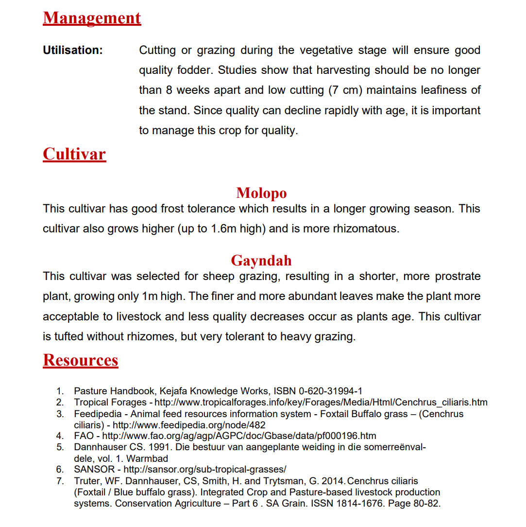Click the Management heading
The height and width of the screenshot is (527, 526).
pyautogui.click(x=92, y=18)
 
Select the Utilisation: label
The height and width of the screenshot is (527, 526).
pyautogui.click(x=73, y=50)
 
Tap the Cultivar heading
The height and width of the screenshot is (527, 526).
pyautogui.click(x=74, y=154)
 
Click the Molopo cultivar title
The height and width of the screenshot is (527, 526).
pyautogui.click(x=261, y=193)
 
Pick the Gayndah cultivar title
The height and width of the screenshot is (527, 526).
pyautogui.click(x=261, y=261)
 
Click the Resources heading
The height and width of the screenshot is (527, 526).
pyautogui.click(x=81, y=360)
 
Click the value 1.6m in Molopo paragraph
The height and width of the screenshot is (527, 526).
pyautogui.click(x=224, y=229)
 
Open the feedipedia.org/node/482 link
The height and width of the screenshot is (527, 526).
pyautogui.click(x=189, y=425)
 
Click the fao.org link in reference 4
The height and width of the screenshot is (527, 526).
pyautogui.click(x=239, y=436)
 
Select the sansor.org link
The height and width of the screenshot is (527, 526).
pyautogui.click(x=205, y=470)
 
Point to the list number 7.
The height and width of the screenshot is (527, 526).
pyautogui.click(x=60, y=481)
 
